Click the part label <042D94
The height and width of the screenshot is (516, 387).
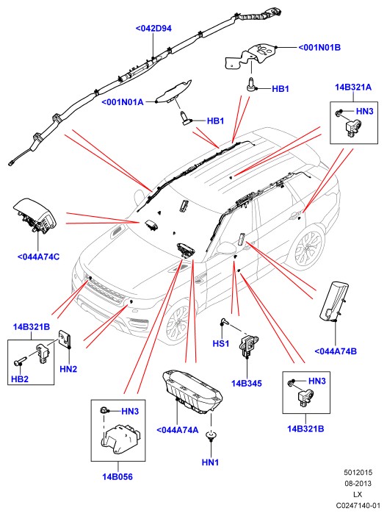pyautogui.click(x=153, y=29)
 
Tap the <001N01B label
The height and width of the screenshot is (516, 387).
pyautogui.click(x=319, y=47)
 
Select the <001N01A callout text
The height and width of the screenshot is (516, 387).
pyautogui.click(x=123, y=102)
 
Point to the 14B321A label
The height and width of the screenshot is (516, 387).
pyautogui.click(x=353, y=87)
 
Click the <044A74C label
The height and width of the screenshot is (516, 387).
pyautogui.click(x=38, y=257)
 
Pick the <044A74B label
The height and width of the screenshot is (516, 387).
pyautogui.click(x=336, y=351)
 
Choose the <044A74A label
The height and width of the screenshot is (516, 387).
pyautogui.click(x=177, y=430)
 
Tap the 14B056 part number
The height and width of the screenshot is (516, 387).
pyautogui.click(x=117, y=476)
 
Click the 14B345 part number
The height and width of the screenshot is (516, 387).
pyautogui.click(x=247, y=383)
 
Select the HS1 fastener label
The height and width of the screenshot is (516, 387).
pyautogui.click(x=221, y=343)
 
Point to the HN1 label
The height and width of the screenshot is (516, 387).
pyautogui.click(x=211, y=462)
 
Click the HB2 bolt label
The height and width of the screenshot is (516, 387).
pyautogui.click(x=20, y=379)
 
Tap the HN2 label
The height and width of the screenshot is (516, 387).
pyautogui.click(x=68, y=369)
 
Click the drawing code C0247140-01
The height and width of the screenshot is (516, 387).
pyautogui.click(x=358, y=505)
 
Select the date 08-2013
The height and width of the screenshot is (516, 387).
pyautogui.click(x=358, y=484)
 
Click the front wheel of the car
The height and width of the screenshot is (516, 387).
pyautogui.click(x=178, y=323)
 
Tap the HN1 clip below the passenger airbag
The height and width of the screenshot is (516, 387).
pyautogui.click(x=211, y=437)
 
